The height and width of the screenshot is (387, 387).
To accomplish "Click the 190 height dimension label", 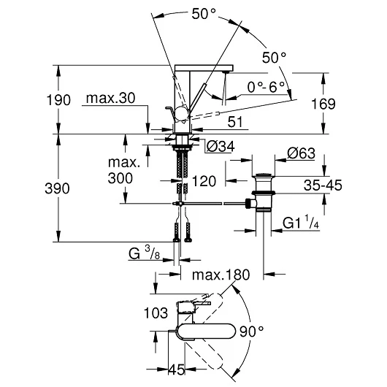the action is [x=58, y=100].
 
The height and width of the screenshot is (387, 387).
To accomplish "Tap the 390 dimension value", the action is [x=57, y=188].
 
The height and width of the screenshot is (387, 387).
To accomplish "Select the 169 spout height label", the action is [x=323, y=104].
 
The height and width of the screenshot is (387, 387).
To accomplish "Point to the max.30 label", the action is [x=110, y=98].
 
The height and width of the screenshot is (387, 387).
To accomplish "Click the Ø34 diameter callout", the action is [x=221, y=147].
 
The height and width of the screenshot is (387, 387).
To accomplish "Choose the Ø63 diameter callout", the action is [x=301, y=153].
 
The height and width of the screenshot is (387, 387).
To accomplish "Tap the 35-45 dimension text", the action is [x=323, y=185].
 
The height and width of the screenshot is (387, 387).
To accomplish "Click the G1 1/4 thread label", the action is [x=301, y=222].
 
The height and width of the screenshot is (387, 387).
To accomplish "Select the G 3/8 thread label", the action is [x=144, y=253].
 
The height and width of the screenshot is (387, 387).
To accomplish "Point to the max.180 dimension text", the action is [x=221, y=275].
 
